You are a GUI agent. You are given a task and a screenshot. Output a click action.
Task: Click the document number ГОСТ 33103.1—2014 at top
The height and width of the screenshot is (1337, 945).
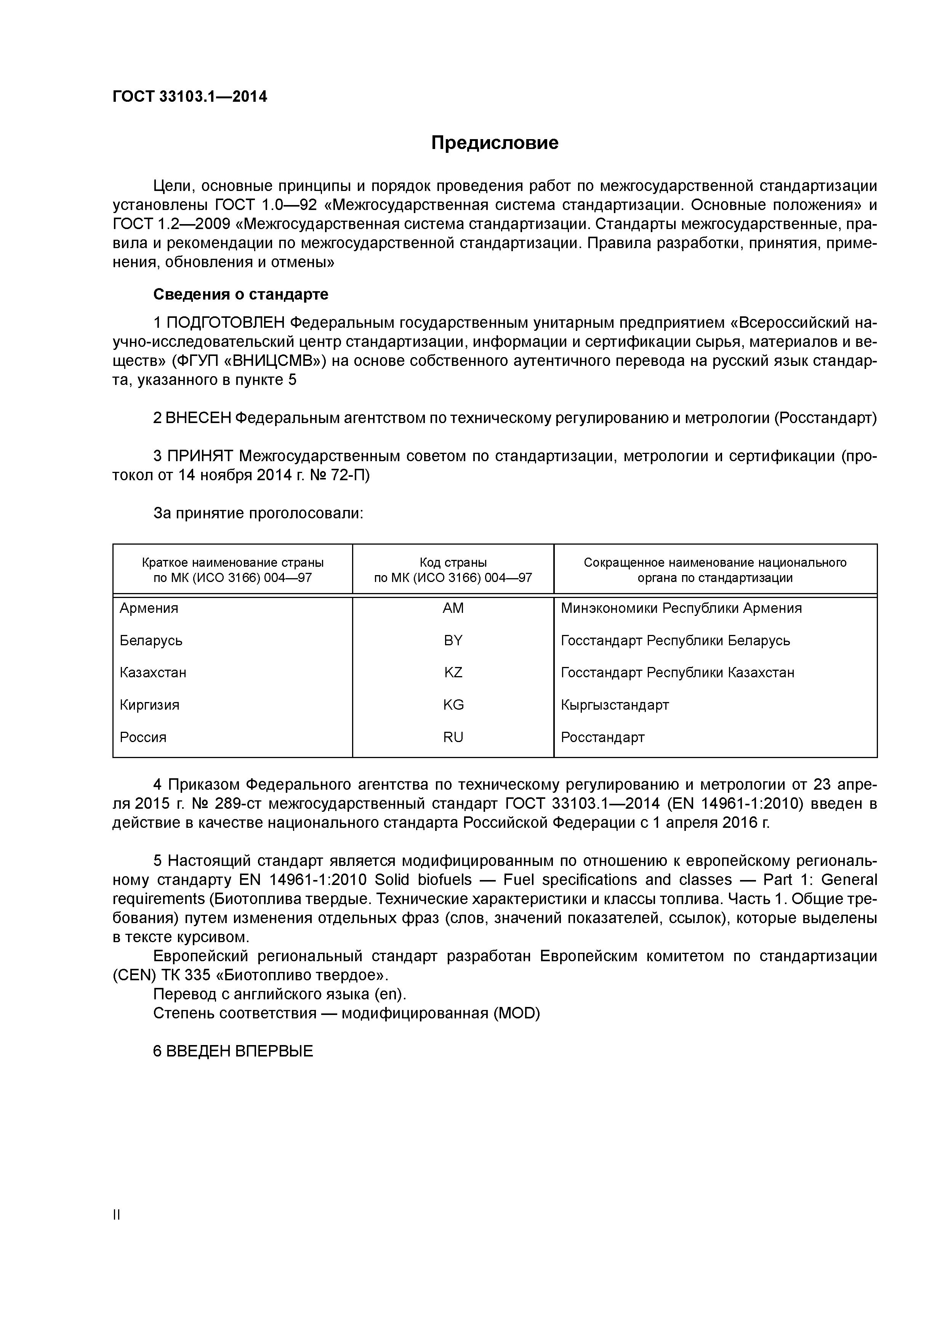[x=190, y=97]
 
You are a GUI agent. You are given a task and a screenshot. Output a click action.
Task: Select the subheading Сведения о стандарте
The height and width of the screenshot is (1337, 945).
[x=240, y=295]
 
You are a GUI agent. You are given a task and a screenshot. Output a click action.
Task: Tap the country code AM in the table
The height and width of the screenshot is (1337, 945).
[x=453, y=608]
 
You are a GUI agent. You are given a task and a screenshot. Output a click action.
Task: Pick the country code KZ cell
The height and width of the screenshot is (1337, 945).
[x=453, y=673]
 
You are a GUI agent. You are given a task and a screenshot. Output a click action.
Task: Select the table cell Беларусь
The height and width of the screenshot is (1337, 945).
[x=151, y=641]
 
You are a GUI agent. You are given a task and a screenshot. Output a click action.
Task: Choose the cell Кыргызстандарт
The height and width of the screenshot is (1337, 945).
[x=615, y=705]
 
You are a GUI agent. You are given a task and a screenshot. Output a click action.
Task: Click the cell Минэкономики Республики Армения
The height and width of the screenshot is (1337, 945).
[x=681, y=608]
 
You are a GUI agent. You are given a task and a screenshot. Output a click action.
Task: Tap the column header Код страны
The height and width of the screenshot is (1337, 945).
[x=453, y=563]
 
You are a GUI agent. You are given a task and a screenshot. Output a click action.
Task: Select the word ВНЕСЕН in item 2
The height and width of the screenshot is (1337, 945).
[x=199, y=418]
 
